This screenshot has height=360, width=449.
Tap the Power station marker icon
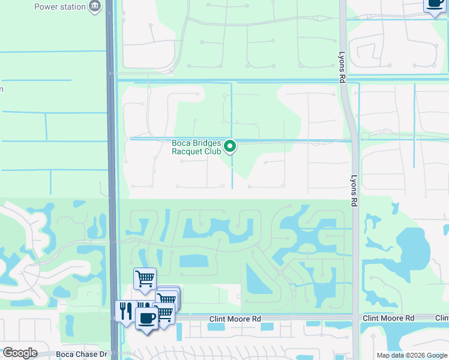pyautogui.click(x=95, y=7)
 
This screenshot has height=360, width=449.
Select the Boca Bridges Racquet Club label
pyautogui.click(x=196, y=147)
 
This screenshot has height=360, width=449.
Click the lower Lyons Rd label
pyautogui.click(x=354, y=187)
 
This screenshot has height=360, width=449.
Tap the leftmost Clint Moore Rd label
pyautogui.click(x=235, y=319)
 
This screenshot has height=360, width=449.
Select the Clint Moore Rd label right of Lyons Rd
pyautogui.click(x=388, y=318)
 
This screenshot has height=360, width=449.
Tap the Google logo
pyautogui.click(x=19, y=353)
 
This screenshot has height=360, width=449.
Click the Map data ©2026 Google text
pyautogui.click(x=411, y=355)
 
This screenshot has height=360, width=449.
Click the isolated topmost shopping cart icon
pyautogui.click(x=145, y=278)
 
